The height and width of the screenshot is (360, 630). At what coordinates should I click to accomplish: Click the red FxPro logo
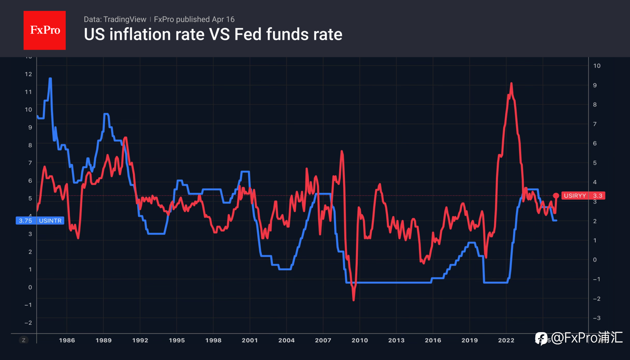tap(44, 30)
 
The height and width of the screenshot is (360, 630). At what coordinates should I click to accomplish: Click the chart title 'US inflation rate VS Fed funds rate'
tap(213, 34)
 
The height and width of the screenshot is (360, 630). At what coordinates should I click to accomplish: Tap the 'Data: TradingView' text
tap(115, 19)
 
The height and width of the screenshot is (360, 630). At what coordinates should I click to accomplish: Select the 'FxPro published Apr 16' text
tap(194, 19)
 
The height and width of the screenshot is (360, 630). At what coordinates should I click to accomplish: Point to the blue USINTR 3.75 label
tap(40, 221)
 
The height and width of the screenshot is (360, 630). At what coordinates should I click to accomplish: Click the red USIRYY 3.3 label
tap(584, 196)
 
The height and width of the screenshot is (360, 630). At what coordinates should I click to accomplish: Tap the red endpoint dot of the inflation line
tap(556, 196)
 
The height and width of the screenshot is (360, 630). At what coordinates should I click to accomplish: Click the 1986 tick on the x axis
tap(67, 340)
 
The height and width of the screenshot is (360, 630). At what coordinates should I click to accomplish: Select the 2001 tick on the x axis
tap(250, 340)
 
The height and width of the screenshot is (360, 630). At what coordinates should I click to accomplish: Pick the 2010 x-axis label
tap(359, 340)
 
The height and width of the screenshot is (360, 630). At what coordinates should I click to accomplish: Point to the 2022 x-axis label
tap(506, 340)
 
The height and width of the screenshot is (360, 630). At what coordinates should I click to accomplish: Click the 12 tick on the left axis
tap(29, 74)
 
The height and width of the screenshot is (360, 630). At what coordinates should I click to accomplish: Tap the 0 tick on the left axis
tap(30, 287)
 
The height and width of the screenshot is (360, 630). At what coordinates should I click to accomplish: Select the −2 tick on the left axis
tap(28, 323)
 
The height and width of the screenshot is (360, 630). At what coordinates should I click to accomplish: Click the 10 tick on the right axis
tap(597, 66)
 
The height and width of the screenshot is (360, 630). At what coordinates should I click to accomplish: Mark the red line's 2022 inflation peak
tap(511, 84)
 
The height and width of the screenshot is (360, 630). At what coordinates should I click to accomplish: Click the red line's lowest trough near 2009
tap(353, 300)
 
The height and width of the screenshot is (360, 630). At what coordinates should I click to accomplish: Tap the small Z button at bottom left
tap(24, 340)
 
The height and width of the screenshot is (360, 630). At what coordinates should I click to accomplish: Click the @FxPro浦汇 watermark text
tap(587, 338)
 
